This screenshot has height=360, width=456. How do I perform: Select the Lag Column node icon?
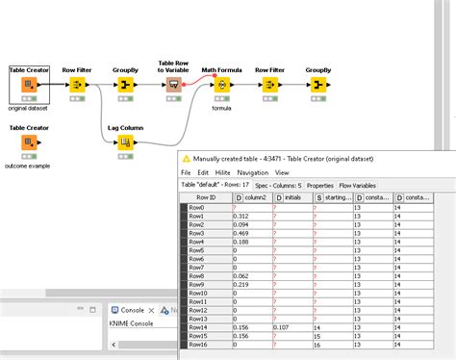point(125,143)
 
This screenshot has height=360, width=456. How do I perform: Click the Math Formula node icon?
point(221,85)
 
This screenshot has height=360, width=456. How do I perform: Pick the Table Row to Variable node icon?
point(173,85)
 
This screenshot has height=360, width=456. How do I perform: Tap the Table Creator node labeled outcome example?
point(30,143)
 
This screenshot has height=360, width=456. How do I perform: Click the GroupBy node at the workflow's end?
point(317,85)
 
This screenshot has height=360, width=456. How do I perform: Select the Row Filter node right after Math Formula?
point(268,85)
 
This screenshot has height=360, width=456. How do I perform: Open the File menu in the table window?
point(187,171)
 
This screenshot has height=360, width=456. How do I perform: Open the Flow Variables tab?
point(358,185)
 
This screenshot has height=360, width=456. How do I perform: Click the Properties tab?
point(319,185)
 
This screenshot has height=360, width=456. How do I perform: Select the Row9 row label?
point(203,285)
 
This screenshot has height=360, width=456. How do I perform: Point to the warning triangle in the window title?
point(187,158)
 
